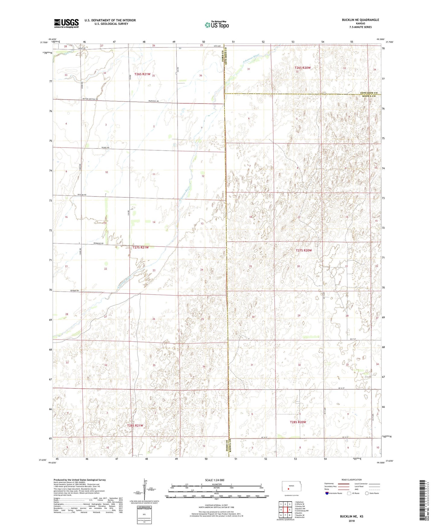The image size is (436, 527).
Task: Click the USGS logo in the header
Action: click(x=66, y=23)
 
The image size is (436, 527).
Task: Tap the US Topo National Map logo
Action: click(x=217, y=25)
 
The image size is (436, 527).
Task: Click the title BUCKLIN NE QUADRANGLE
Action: click(x=360, y=20)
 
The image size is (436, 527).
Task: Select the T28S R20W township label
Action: click(x=298, y=422)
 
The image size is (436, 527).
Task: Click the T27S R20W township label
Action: click(x=304, y=250)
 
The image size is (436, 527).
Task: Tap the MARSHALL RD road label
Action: click(x=153, y=101)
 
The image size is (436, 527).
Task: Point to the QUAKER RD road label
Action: click(x=74, y=291)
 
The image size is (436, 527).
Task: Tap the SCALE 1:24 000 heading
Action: click(x=215, y=480)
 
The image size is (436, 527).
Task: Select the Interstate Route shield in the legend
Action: click(x=327, y=493)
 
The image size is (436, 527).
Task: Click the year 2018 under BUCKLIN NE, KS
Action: click(x=351, y=521)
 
